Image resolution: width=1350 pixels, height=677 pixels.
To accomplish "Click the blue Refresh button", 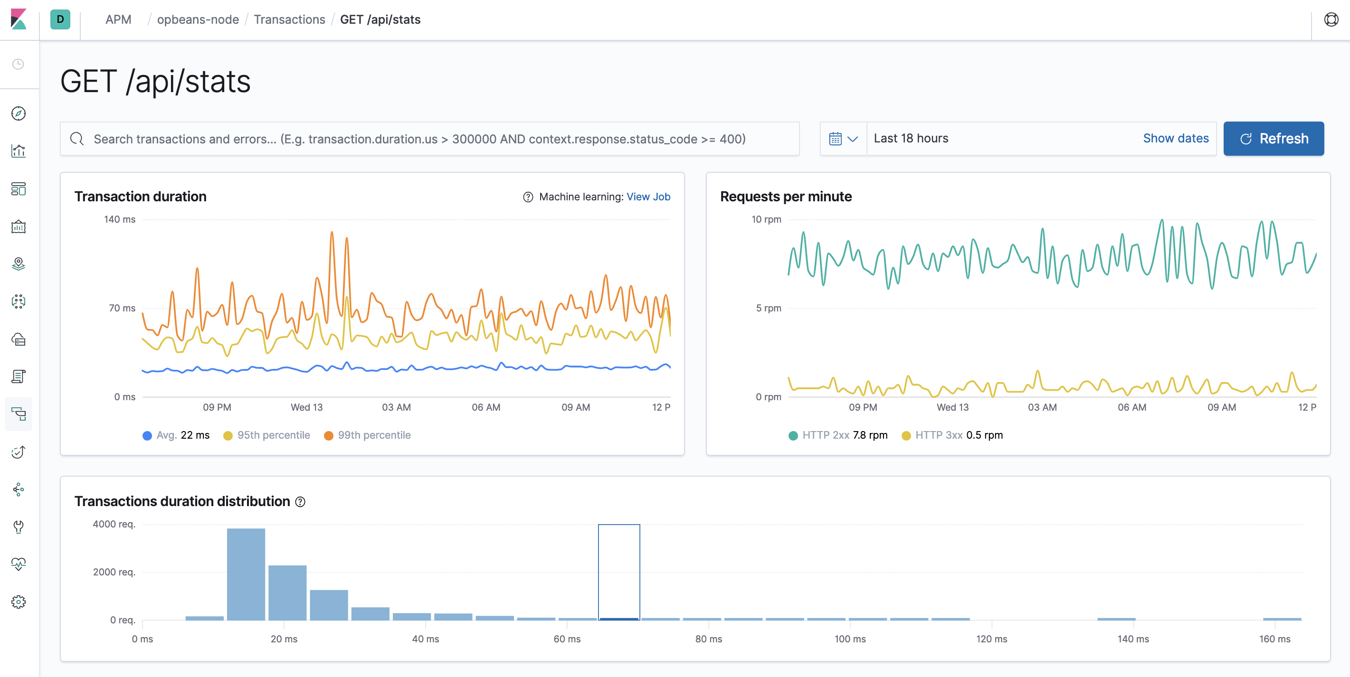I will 1273,139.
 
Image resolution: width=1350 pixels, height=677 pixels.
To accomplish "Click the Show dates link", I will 1176,139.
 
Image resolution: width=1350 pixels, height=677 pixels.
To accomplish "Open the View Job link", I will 648,197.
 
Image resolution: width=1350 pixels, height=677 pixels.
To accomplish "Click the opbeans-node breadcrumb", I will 198,20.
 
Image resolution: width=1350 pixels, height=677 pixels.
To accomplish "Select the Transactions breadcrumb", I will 289,20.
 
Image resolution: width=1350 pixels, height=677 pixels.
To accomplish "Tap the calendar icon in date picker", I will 836,139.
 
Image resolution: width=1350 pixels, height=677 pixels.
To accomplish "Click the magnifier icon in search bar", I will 77,139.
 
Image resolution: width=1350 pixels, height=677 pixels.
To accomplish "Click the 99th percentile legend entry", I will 367,435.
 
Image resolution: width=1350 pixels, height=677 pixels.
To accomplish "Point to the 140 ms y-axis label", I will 120,219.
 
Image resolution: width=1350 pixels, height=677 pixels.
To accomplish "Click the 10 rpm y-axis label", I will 766,219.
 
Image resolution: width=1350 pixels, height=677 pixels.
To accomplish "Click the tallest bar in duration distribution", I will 246,574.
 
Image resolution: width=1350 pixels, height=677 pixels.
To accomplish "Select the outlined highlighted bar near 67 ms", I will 619,572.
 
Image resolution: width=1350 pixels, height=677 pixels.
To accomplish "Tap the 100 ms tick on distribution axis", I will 849,639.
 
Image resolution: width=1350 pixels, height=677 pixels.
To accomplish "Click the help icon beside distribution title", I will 300,502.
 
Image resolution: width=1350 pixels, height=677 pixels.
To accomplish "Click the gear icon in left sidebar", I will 19,602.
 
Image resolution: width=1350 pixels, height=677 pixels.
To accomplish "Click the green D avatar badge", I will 60,20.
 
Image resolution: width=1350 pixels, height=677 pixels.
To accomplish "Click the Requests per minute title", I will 785,197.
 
